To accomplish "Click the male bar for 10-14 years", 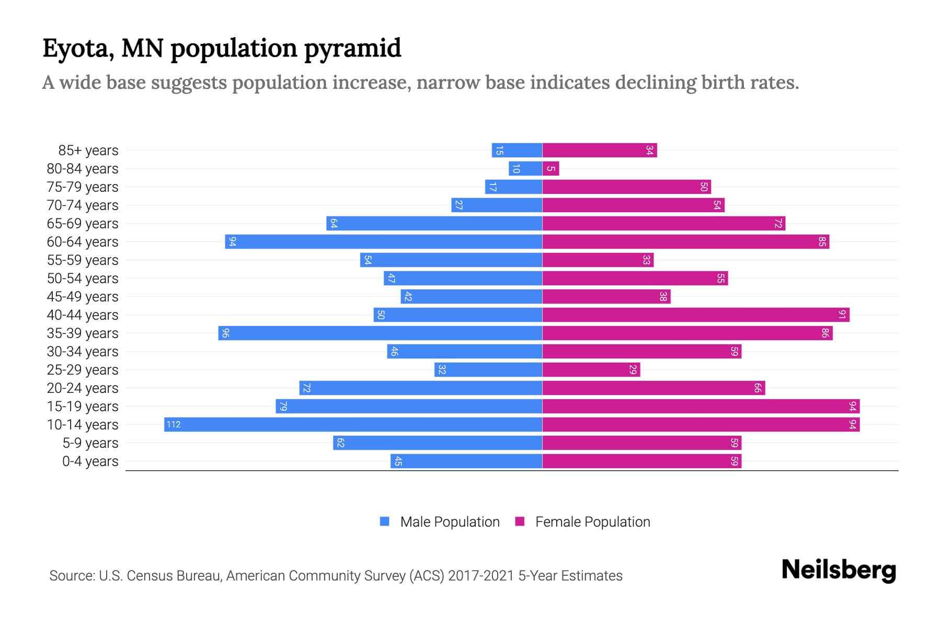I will (x=353, y=424).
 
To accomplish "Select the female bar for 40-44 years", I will (x=695, y=315).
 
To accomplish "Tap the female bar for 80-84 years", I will (x=550, y=168).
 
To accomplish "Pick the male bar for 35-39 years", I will (x=380, y=333).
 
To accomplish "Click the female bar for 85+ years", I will (x=599, y=150).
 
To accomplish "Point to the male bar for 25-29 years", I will (x=488, y=369).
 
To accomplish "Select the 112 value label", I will (x=174, y=424).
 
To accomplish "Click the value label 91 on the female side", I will (x=842, y=315).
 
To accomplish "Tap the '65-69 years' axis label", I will (x=83, y=224).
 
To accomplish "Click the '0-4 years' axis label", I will (x=90, y=461).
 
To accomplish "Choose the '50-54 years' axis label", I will (x=83, y=278).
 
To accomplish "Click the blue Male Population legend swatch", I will (x=385, y=521).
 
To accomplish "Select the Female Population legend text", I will (x=592, y=521).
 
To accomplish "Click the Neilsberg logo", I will (x=839, y=570).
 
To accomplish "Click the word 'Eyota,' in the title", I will (x=78, y=49).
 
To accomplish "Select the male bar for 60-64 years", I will (x=383, y=241).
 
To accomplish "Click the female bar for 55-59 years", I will (x=598, y=260).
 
